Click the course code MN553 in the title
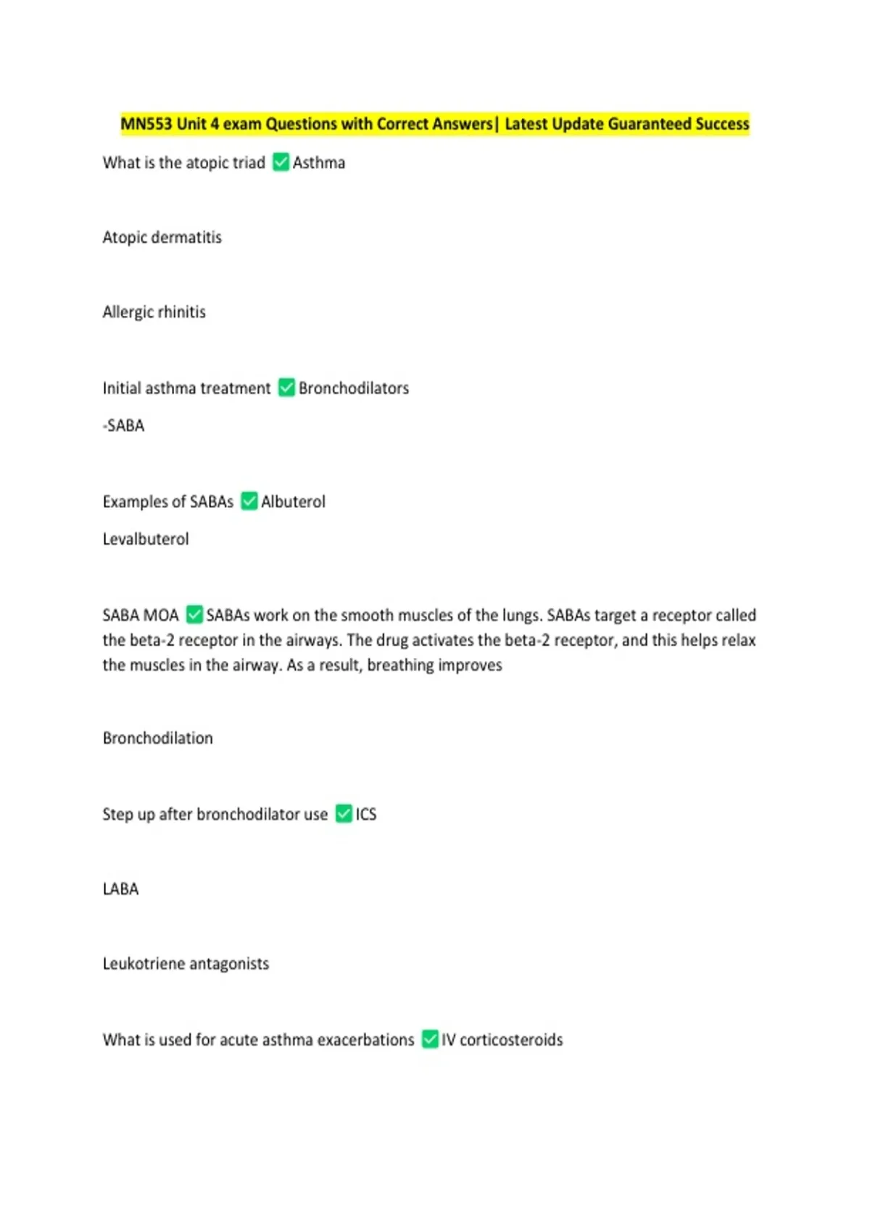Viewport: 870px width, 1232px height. coord(146,124)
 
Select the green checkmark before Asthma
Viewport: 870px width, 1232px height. coord(281,162)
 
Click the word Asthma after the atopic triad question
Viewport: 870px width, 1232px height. coord(319,163)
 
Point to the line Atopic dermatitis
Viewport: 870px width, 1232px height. coord(162,238)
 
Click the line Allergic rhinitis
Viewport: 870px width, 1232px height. coord(154,312)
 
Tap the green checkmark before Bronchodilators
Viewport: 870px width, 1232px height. coord(286,388)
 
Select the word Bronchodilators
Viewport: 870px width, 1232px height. coord(354,388)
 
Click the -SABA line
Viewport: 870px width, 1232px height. coord(123,426)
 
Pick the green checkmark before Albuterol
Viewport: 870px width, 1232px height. coord(249,501)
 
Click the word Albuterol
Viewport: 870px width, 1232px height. coord(293,501)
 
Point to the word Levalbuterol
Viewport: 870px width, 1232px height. coord(145,539)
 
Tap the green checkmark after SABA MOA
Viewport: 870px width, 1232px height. coord(194,615)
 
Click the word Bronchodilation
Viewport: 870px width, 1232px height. coord(157,738)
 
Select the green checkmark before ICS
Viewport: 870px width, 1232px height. coord(344,814)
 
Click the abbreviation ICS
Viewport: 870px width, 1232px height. coord(366,815)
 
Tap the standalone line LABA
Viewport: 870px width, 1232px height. coord(120,889)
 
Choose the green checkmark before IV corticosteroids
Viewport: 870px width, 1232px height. coord(430,1039)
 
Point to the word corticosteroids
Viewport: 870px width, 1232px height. coord(511,1040)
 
